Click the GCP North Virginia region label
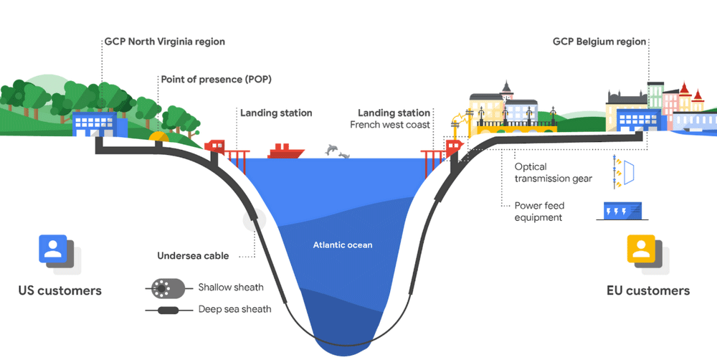164,42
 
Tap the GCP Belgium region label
599,42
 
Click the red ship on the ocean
285,151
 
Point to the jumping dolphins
336,151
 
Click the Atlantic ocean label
342,245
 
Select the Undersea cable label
193,255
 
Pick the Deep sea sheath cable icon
169,311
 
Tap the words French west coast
390,125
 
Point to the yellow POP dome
158,136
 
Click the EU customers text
647,290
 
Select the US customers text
60,290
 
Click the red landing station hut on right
453,148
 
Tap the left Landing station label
276,113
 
